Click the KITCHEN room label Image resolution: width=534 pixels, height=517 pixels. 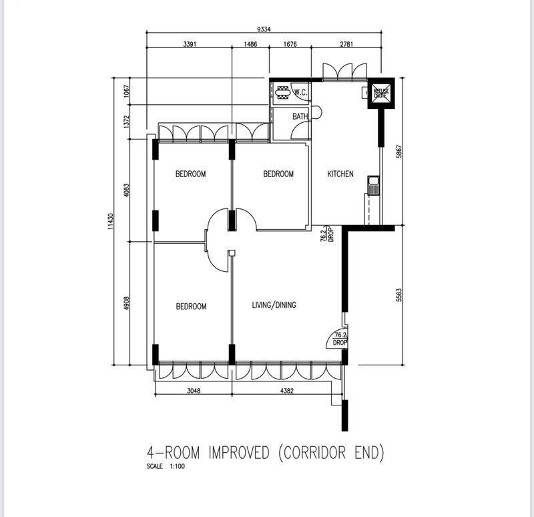pyautogui.click(x=340, y=174)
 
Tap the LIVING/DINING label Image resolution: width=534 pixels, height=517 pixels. pyautogui.click(x=274, y=305)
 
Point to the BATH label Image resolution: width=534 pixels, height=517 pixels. pyautogui.click(x=300, y=117)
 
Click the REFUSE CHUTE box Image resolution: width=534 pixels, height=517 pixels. pyautogui.click(x=380, y=93)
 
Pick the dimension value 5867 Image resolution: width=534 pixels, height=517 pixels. pyautogui.click(x=398, y=152)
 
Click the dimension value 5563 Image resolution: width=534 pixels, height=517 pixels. pyautogui.click(x=399, y=294)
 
